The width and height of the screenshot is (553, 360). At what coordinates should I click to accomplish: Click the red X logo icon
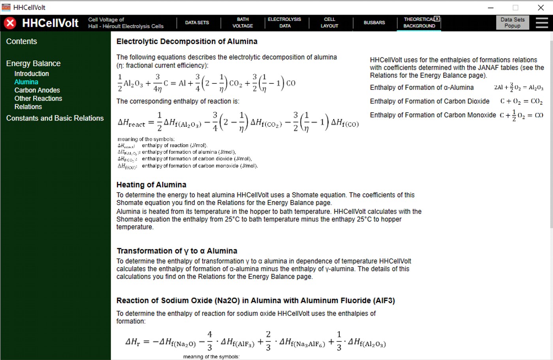10,23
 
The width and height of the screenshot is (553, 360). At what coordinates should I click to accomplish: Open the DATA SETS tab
197,23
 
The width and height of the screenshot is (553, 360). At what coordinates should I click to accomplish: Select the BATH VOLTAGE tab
243,23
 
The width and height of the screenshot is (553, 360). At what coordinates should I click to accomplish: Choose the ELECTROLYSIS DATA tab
284,23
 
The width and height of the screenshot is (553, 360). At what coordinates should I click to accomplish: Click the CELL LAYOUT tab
329,23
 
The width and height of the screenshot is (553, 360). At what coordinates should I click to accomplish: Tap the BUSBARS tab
374,23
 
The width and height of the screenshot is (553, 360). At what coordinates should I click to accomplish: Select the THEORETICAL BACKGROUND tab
419,23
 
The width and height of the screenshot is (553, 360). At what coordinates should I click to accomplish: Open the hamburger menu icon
542,23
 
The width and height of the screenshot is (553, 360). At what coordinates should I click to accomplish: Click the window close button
541,8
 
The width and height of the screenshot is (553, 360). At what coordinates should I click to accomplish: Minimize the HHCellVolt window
491,8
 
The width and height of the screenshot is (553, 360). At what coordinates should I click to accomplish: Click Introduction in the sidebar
32,74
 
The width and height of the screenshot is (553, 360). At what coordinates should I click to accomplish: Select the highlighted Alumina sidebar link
26,82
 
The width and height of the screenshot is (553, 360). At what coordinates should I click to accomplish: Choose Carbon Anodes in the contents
37,90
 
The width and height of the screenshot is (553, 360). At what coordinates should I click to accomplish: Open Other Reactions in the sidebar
38,98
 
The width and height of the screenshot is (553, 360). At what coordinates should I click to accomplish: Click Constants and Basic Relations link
55,118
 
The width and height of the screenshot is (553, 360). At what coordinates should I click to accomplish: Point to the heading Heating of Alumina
151,185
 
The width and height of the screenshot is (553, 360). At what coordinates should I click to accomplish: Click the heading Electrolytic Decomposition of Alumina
187,41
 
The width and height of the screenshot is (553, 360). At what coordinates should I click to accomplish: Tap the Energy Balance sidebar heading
33,63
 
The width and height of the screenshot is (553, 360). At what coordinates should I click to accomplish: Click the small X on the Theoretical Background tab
437,19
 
